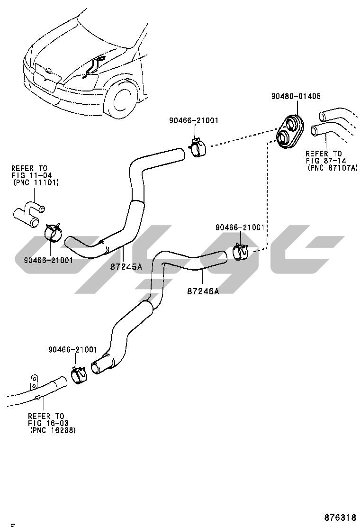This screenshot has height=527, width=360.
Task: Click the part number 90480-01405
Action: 296,96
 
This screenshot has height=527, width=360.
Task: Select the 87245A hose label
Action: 126,267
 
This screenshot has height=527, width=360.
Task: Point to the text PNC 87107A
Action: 333,168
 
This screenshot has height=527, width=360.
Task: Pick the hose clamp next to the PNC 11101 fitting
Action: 54,232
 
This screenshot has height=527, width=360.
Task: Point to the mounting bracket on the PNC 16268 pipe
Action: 34,381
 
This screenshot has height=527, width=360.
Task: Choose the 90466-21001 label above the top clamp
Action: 193,120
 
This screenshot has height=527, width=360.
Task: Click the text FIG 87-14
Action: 324,161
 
